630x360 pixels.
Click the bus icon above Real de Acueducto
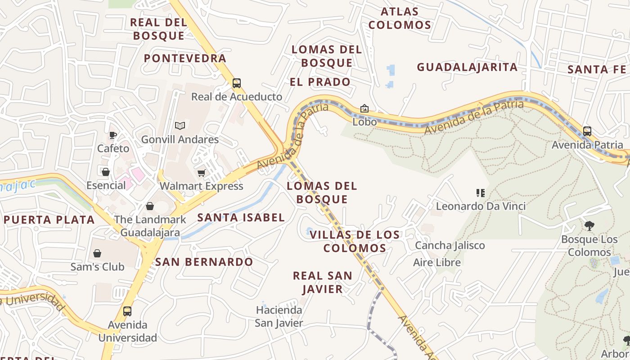click(x=237, y=83)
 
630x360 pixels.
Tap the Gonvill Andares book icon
click(x=180, y=126)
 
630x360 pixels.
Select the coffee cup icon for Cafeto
click(x=113, y=135)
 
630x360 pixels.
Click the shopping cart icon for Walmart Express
click(x=201, y=173)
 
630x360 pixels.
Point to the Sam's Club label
click(x=97, y=267)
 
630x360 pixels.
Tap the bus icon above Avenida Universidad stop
click(x=127, y=311)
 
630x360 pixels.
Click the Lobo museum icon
click(x=364, y=108)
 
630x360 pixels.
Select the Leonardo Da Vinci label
click(x=481, y=207)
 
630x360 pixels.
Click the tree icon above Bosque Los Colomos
click(x=589, y=225)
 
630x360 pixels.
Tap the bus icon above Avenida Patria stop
click(x=587, y=131)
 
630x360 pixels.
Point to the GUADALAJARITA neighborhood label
click(x=467, y=67)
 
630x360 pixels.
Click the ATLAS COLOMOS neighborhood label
click(x=400, y=18)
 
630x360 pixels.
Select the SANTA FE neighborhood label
click(x=597, y=70)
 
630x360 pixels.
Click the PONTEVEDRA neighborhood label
click(x=185, y=58)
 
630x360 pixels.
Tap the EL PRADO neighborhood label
click(x=320, y=82)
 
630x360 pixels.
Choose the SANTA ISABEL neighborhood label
click(x=241, y=218)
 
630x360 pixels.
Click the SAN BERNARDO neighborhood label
click(x=204, y=262)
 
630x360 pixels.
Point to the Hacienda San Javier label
click(x=279, y=316)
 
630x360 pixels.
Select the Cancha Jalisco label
click(x=450, y=246)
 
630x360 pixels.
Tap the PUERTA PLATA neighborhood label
click(x=49, y=220)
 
